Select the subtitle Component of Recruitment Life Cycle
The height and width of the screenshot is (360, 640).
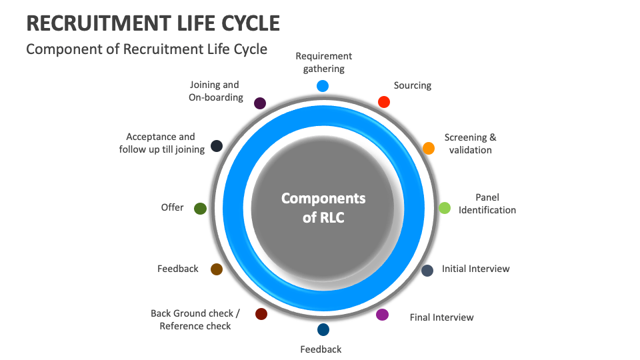click(147, 49)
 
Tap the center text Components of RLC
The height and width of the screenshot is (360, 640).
click(323, 207)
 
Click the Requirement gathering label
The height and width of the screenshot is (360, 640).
click(324, 63)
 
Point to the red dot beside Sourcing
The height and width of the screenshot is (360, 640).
click(383, 102)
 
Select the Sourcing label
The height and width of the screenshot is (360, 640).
click(413, 85)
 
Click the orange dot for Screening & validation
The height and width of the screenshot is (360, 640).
click(429, 148)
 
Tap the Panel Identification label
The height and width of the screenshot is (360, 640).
click(487, 203)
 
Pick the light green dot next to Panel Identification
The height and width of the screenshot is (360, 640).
click(445, 208)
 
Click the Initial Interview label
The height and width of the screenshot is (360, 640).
click(475, 269)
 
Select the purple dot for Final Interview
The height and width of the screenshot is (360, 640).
click(382, 315)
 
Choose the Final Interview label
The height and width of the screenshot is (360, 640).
click(441, 317)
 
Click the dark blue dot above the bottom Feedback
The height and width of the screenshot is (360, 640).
click(323, 329)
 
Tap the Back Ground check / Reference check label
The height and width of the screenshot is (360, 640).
click(195, 320)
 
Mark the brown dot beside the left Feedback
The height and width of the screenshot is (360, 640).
click(216, 269)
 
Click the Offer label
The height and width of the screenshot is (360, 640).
click(172, 207)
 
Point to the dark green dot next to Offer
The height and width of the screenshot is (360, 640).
click(200, 209)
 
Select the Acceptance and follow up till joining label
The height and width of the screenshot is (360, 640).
click(161, 143)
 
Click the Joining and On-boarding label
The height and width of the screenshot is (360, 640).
click(215, 91)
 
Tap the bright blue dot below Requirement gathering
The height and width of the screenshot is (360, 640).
click(323, 85)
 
